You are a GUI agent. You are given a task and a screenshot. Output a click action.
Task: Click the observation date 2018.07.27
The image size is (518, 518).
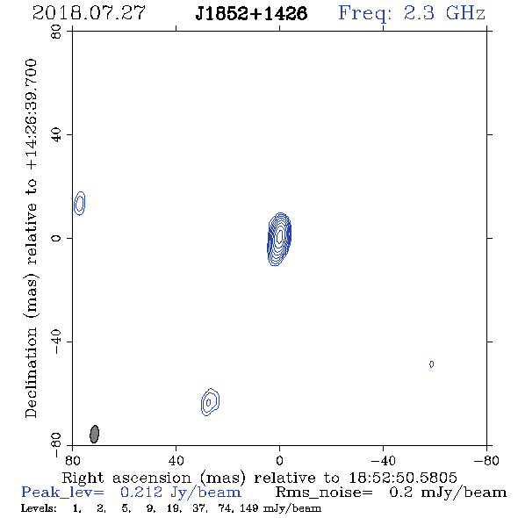[89, 13]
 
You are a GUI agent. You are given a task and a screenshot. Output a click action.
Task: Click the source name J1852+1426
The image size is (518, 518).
[251, 13]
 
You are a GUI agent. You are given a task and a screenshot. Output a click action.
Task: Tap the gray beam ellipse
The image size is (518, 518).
[95, 434]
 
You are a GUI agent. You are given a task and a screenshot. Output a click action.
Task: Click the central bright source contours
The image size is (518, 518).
[279, 239]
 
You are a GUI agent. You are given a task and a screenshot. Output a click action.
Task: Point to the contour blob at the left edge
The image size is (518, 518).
[80, 203]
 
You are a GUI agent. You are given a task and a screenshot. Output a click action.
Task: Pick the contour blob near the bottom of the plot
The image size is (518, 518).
[210, 402]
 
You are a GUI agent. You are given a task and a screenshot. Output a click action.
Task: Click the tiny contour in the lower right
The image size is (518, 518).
[431, 364]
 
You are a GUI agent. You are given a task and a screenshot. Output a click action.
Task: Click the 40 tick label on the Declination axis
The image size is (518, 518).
[56, 135]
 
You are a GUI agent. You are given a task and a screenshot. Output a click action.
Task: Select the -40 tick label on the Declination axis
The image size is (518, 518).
[56, 342]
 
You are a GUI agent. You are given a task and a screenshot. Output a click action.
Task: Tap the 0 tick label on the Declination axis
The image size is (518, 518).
[56, 238]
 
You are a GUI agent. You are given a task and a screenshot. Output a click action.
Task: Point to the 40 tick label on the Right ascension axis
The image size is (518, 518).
[176, 461]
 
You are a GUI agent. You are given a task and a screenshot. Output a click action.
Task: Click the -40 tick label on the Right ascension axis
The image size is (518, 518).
[383, 461]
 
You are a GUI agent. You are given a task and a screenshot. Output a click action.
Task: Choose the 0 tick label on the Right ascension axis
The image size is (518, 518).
[279, 461]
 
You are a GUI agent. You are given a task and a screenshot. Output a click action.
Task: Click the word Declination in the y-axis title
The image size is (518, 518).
[31, 372]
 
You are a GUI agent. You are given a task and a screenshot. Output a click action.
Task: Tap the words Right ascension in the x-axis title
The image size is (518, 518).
[126, 478]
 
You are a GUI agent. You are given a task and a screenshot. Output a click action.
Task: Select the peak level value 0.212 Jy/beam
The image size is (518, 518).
[180, 493]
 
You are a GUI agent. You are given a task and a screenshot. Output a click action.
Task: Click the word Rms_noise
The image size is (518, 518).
[324, 493]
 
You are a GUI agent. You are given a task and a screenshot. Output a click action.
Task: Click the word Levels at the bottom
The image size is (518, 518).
[39, 507]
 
